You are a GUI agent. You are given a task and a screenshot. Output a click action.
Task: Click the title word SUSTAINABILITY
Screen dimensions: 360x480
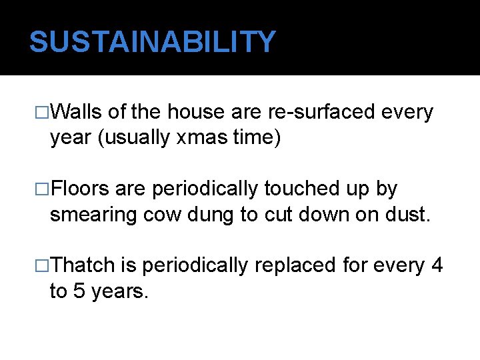click(x=152, y=42)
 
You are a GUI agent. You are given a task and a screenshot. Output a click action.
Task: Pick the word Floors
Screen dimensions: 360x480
click(x=80, y=189)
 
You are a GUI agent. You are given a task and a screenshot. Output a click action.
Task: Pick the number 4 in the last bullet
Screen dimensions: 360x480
click(x=437, y=265)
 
